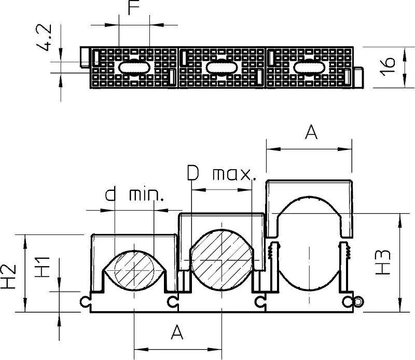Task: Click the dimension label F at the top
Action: tap(134, 7)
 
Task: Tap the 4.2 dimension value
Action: tap(44, 37)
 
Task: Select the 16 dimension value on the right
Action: tap(388, 66)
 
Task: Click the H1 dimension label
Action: tap(43, 267)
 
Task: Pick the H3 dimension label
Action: tap(383, 262)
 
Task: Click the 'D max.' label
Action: tap(222, 173)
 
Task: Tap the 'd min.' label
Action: tap(134, 195)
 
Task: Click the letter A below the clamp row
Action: tap(177, 332)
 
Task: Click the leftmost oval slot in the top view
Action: tap(134, 67)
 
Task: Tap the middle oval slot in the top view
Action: tap(222, 67)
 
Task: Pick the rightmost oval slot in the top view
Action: tap(309, 67)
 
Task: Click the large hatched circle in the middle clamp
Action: tap(222, 259)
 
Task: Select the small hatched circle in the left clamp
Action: tap(134, 270)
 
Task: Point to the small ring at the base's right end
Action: tap(358, 301)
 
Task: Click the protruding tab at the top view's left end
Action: tap(85, 57)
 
